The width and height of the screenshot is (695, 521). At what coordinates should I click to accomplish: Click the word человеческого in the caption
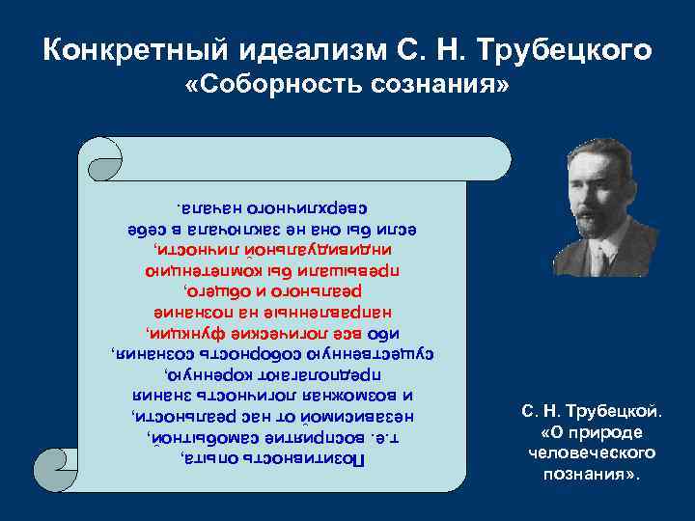click(x=592, y=452)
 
